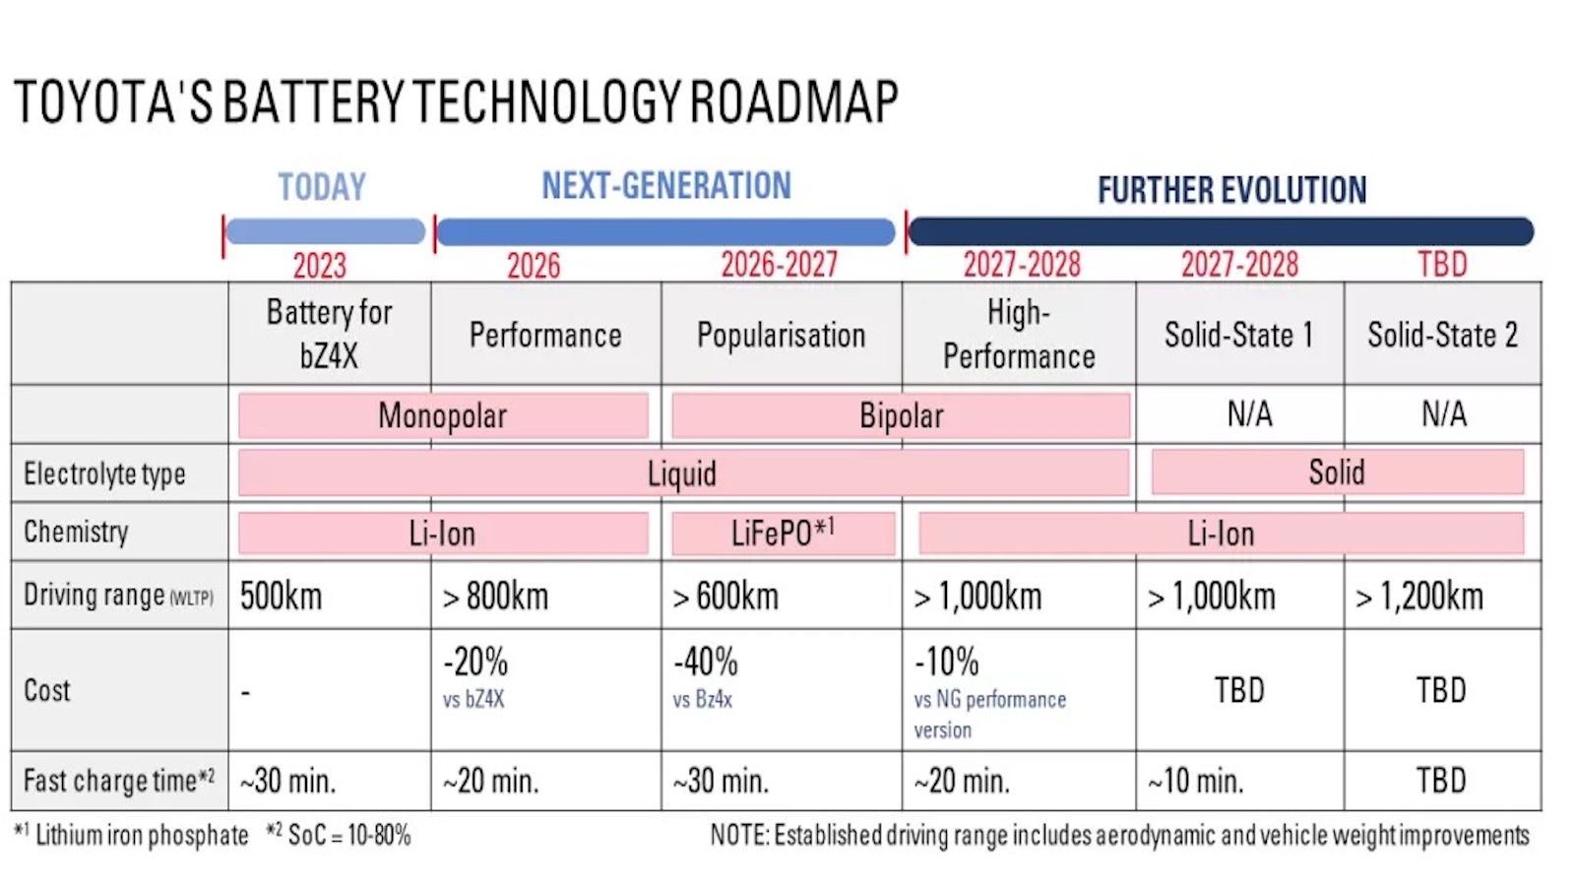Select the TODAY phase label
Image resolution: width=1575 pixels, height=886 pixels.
point(321,186)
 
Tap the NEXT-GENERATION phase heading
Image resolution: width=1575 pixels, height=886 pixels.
point(665,185)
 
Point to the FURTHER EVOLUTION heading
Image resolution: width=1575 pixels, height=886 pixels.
point(1231,189)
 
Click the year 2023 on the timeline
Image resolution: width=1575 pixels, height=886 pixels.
point(319,265)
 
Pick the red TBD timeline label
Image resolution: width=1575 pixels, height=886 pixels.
point(1441,264)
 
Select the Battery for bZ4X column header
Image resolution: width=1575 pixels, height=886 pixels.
point(329,333)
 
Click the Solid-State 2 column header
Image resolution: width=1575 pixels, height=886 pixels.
point(1442,335)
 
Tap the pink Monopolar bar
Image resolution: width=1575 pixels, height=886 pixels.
point(442,415)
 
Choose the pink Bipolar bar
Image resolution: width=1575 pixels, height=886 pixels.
point(901,415)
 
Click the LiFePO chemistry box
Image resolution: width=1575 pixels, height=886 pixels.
point(783,534)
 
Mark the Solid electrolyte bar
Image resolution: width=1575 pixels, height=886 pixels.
point(1336,473)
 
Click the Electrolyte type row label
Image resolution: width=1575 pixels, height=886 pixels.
point(104,474)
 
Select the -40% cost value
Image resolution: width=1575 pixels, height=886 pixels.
point(705,662)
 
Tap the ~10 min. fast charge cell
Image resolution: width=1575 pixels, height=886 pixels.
point(1195,781)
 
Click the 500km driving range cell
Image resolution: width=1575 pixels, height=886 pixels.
point(281,596)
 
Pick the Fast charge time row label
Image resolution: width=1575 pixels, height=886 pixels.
point(118,781)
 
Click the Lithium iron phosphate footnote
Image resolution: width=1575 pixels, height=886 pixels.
point(141,835)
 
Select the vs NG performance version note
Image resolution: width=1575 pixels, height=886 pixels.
point(988,714)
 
